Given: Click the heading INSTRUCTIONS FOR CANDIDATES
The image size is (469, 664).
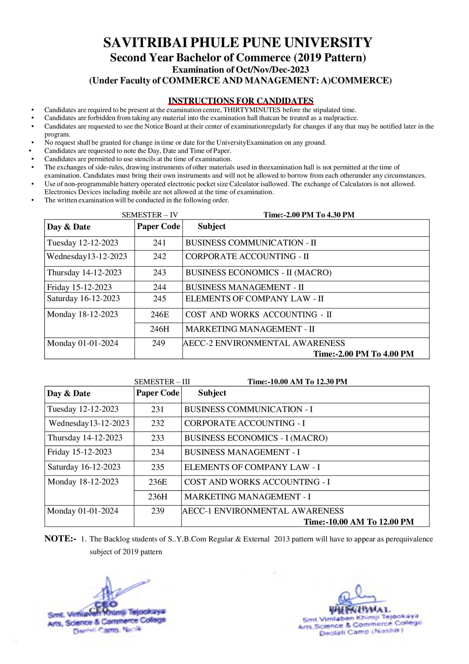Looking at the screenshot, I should [241, 101].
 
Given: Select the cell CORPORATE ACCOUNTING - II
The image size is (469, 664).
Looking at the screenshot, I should [247, 257].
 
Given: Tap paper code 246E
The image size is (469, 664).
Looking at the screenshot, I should [160, 314].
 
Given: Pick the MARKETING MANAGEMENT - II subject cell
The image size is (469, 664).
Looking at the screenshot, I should [250, 329].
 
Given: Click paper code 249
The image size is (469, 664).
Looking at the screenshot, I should [158, 343].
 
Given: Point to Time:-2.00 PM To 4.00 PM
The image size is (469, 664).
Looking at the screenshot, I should [364, 354].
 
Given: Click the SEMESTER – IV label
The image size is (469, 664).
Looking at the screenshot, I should [150, 215].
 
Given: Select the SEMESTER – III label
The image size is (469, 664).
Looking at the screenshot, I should [162, 382].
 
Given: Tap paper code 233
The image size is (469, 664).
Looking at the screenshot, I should [158, 438].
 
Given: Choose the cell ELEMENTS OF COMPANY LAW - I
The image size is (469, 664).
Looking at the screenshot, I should [252, 467].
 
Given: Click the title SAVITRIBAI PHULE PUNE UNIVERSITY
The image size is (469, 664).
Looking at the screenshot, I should [238, 43].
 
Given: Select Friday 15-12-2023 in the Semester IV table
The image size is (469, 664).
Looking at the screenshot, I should [79, 287].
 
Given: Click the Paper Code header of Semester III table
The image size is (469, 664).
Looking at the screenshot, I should [158, 393].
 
